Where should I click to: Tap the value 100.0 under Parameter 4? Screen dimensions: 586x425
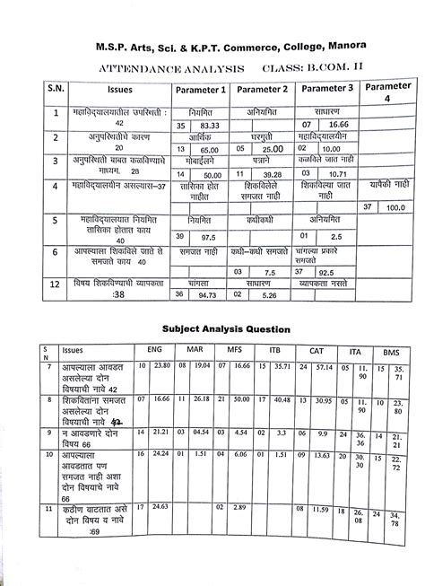pos(395,207)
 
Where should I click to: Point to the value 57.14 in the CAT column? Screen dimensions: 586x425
pos(322,367)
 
